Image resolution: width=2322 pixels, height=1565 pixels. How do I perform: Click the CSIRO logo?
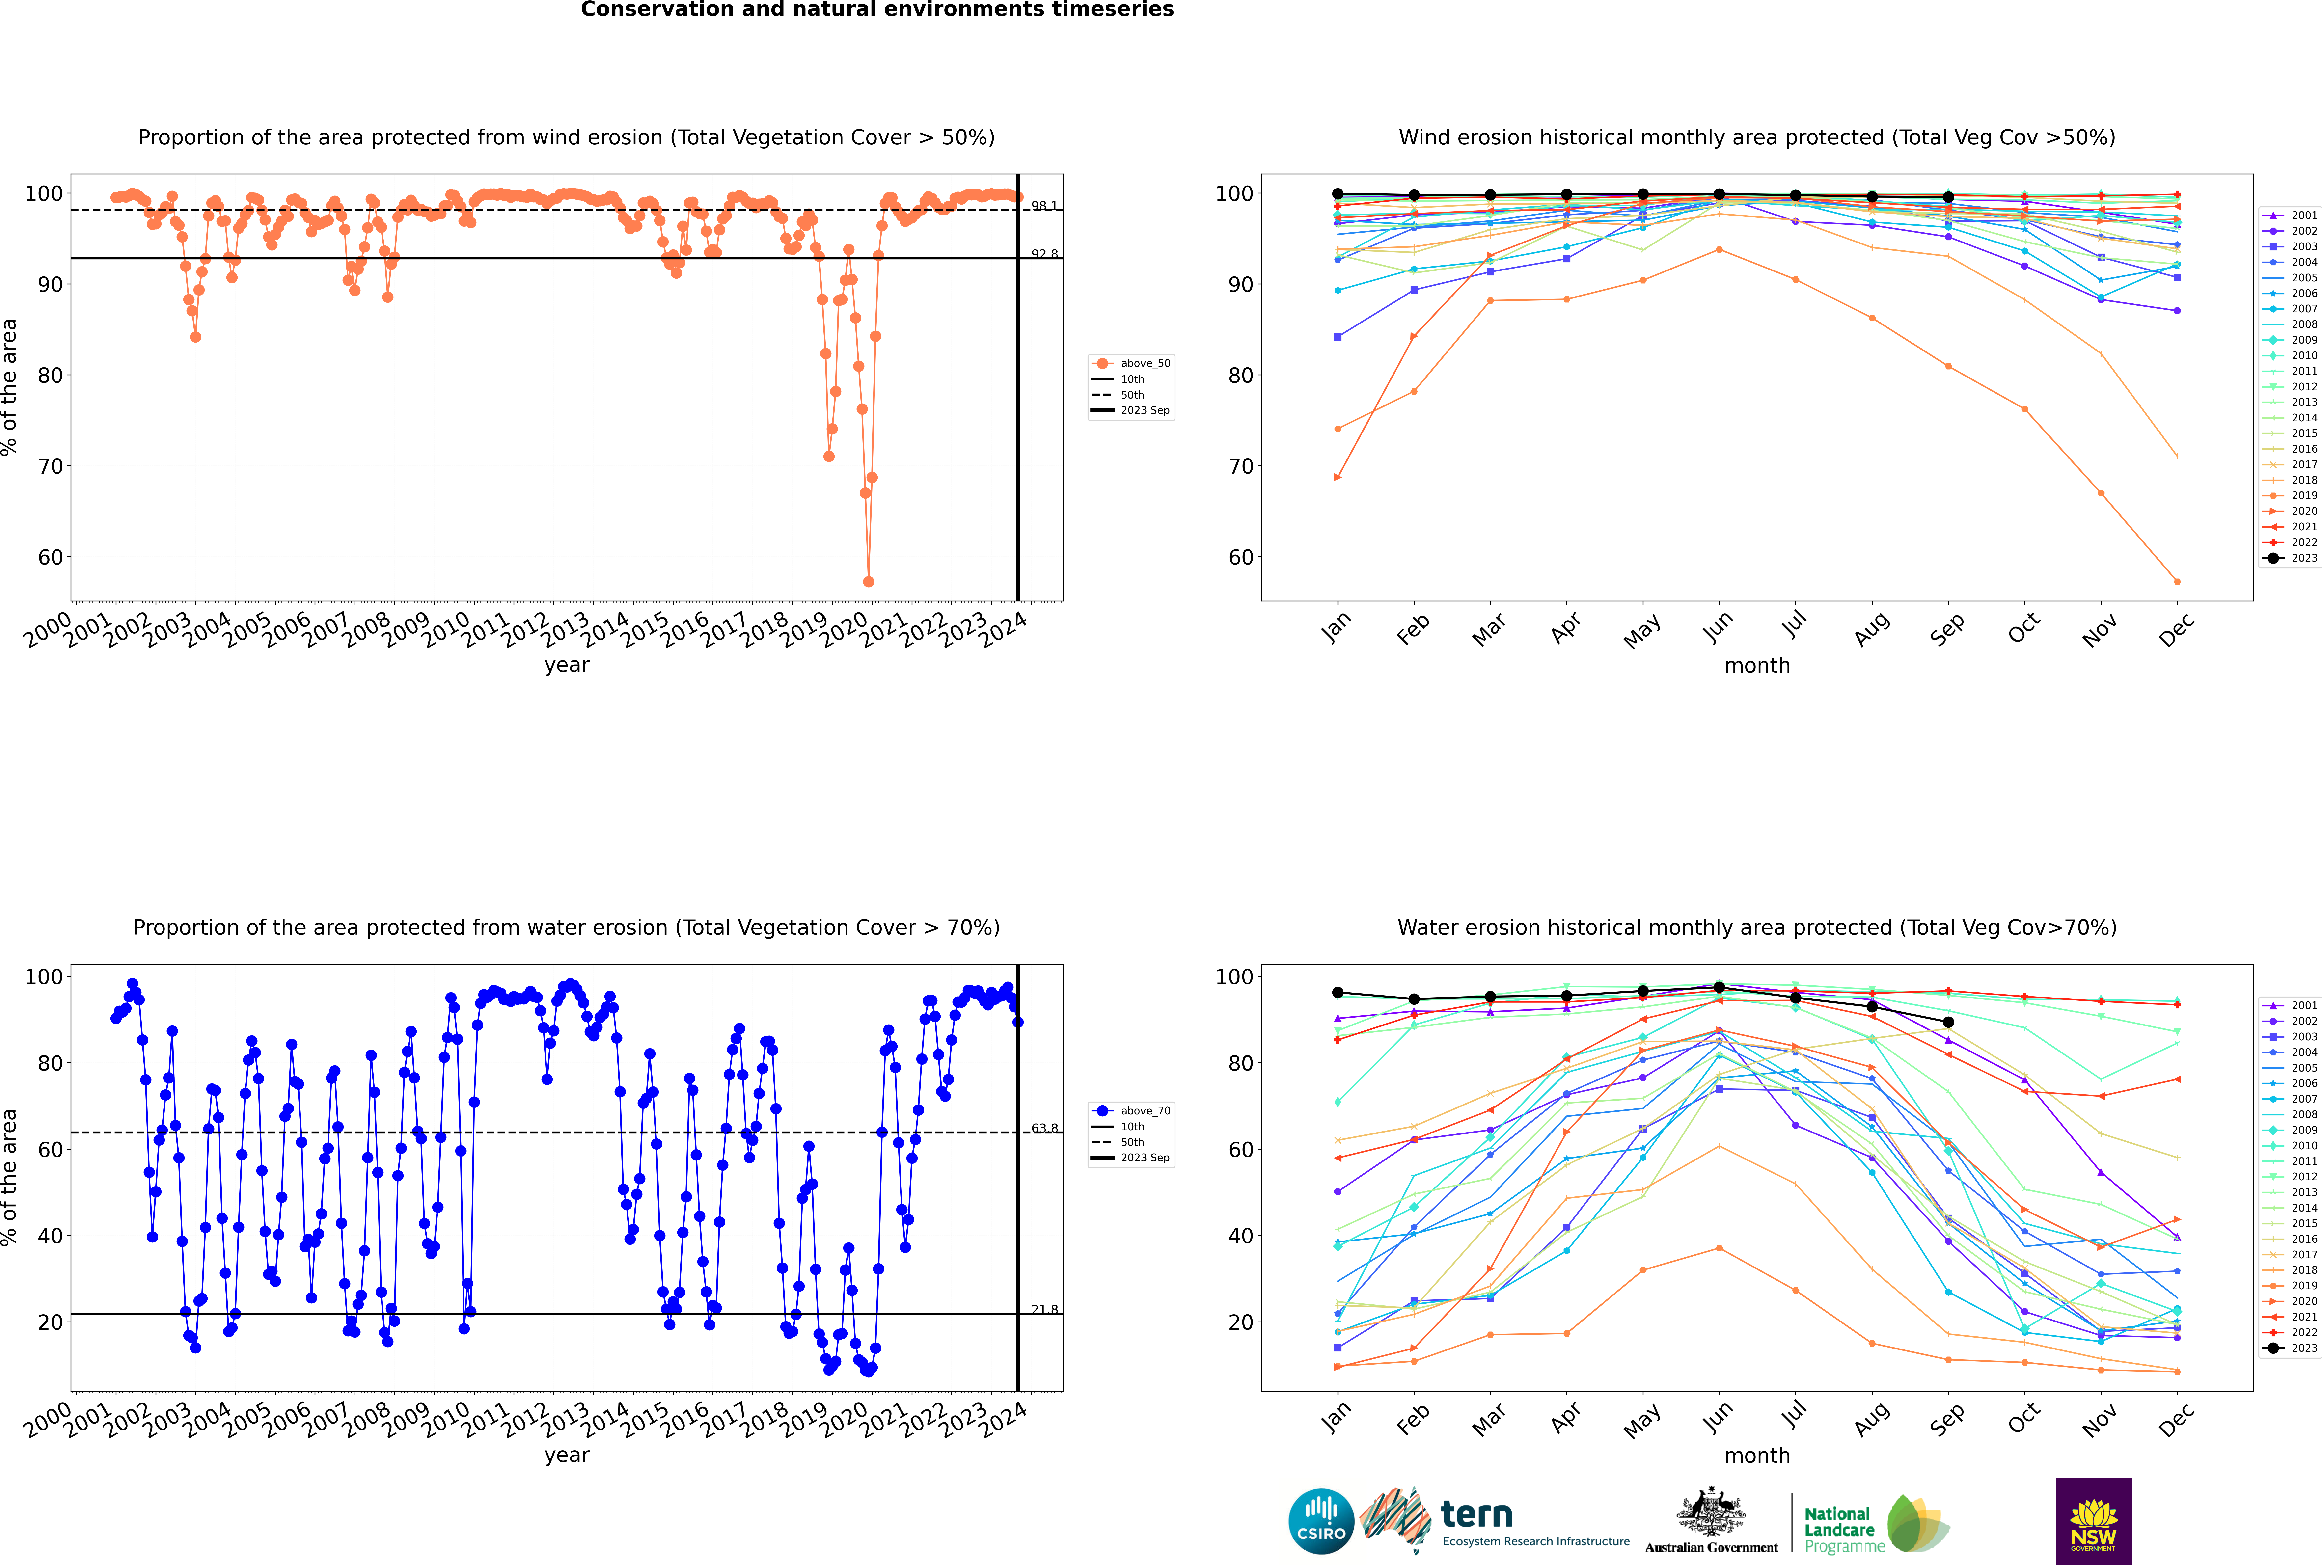1321,1521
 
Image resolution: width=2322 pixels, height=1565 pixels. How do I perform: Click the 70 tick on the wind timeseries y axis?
50,466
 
